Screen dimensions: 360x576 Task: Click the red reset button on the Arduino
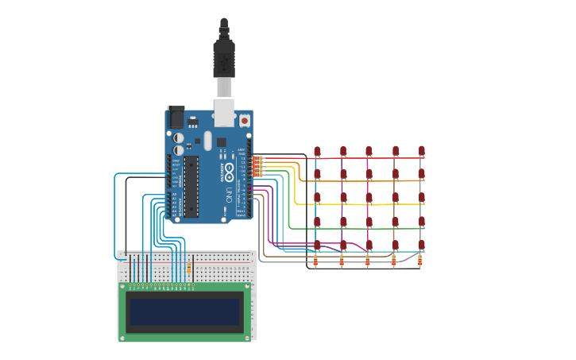click(244, 120)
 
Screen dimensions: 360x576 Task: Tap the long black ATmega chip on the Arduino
click(191, 186)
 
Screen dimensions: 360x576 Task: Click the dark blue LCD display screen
click(185, 312)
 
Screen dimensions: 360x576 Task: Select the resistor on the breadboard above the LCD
click(188, 268)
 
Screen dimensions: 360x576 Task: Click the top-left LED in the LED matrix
click(317, 151)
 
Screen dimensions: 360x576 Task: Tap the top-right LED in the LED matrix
click(421, 151)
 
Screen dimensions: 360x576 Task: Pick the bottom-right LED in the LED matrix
click(421, 245)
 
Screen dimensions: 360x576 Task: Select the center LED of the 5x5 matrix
click(369, 197)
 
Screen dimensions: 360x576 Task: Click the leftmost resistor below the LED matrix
click(316, 260)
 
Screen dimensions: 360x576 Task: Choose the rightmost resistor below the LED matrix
click(419, 260)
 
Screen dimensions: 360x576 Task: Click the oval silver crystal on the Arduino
click(207, 141)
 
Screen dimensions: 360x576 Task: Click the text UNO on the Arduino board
click(227, 193)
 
